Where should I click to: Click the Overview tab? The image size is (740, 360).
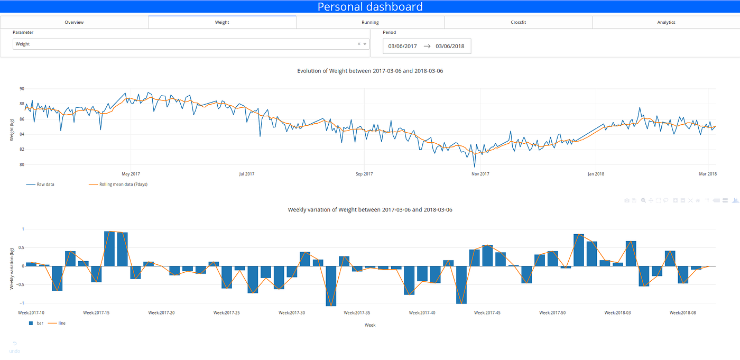point(74,22)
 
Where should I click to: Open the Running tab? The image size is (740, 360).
point(370,22)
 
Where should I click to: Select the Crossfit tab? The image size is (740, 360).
point(518,22)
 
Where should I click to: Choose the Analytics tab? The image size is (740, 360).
point(666,22)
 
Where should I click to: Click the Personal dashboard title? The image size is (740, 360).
point(370,7)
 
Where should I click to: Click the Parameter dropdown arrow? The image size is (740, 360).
point(365,44)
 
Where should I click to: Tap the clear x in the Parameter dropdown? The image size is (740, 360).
point(359,44)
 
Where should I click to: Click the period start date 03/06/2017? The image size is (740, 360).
point(402,46)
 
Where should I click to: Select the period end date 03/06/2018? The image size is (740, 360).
point(450,46)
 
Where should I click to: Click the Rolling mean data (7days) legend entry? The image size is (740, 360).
point(123,184)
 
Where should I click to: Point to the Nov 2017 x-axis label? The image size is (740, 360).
point(480,174)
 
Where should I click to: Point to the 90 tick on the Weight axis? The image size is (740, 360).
point(22,89)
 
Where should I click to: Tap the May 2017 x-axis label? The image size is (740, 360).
point(131,174)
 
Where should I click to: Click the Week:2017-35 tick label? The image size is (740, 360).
point(357,313)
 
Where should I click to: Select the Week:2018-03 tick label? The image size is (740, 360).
point(617,313)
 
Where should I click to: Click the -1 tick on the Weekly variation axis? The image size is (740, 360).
point(22,303)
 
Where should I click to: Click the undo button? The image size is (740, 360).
point(15,347)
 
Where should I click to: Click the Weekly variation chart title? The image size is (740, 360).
point(370,210)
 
